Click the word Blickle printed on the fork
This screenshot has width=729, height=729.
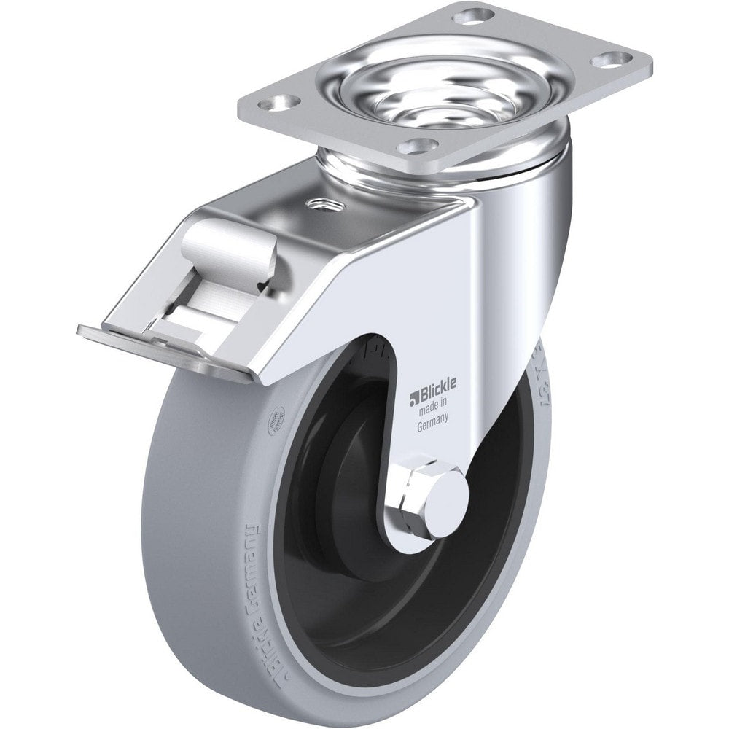pyautogui.click(x=436, y=394)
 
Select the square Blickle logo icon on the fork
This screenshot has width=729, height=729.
pyautogui.click(x=413, y=396)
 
